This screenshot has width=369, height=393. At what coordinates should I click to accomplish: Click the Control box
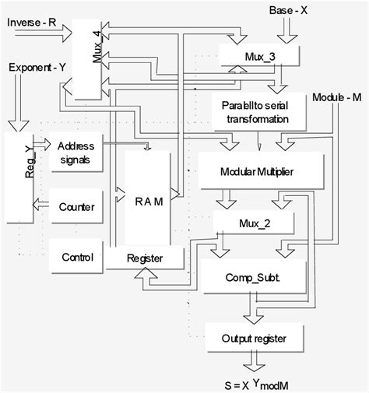tap(76, 257)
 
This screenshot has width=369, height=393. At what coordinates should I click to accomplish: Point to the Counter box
tap(76, 207)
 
